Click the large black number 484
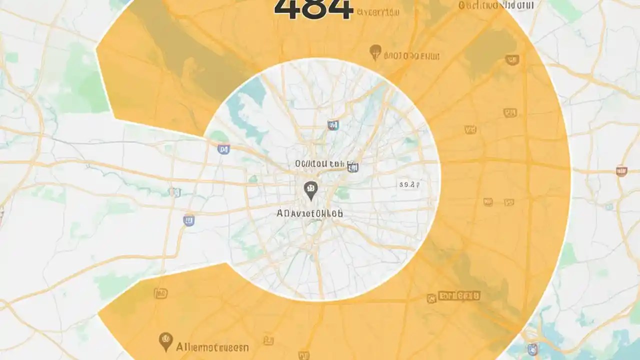pos(313,9)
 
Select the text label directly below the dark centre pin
pos(310,213)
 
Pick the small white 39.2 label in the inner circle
pos(408,184)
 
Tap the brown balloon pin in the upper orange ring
pos(375,51)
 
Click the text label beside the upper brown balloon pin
pos(411,55)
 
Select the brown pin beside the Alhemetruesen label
pos(165,341)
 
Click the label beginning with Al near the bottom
pos(212,346)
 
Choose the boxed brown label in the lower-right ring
pos(458,295)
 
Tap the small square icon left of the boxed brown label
pos(431,298)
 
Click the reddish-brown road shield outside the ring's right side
pos(621,171)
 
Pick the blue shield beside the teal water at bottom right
pos(533,348)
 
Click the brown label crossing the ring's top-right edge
pos(496,5)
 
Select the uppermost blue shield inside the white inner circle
pos(332,124)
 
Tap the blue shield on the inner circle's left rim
pos(223,148)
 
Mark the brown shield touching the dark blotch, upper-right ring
pos(512,60)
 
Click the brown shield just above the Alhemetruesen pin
pos(160,293)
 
